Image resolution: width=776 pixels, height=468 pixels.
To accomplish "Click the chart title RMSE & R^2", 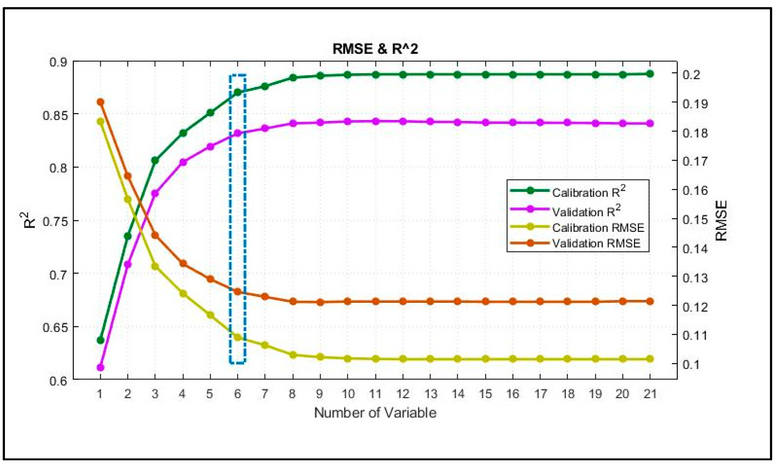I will [375, 49].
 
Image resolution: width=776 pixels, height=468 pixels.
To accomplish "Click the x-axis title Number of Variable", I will [375, 413].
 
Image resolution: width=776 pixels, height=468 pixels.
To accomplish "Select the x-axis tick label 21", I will [650, 394].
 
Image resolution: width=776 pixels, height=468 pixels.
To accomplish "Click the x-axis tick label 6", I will [238, 394].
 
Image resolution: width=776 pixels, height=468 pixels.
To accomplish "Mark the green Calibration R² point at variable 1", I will [101, 340].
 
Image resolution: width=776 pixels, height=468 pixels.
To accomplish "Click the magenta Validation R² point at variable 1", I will [101, 367].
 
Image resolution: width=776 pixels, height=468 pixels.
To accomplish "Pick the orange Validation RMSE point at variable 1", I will [101, 102].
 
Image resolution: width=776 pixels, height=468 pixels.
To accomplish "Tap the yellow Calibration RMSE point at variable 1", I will [101, 122].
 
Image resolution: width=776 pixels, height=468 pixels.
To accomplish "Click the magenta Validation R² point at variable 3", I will [155, 193].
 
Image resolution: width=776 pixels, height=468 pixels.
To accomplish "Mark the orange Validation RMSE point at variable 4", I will [183, 263].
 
